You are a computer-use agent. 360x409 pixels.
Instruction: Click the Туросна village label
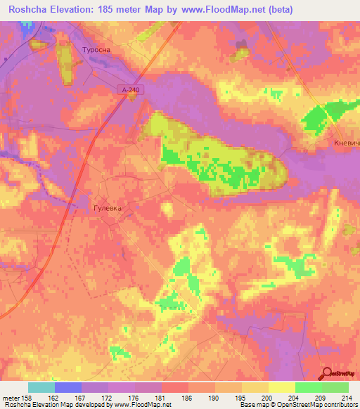(97, 51)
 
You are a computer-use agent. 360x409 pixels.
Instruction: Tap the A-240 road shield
(127, 90)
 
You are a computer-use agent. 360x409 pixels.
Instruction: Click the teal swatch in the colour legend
(41, 387)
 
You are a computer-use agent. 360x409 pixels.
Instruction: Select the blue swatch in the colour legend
(67, 387)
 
